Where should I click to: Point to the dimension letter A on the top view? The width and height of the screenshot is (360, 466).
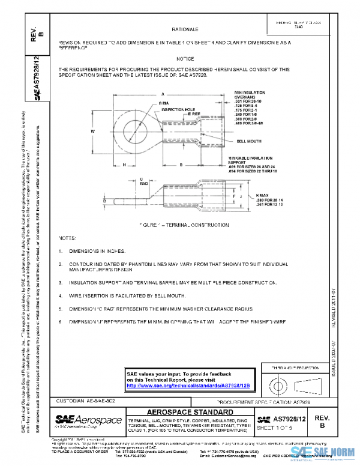(163, 94)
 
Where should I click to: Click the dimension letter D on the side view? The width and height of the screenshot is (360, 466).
(104, 202)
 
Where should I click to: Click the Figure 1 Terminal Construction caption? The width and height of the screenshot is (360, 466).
(183, 225)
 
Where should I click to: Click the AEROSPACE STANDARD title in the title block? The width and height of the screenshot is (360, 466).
(190, 412)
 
